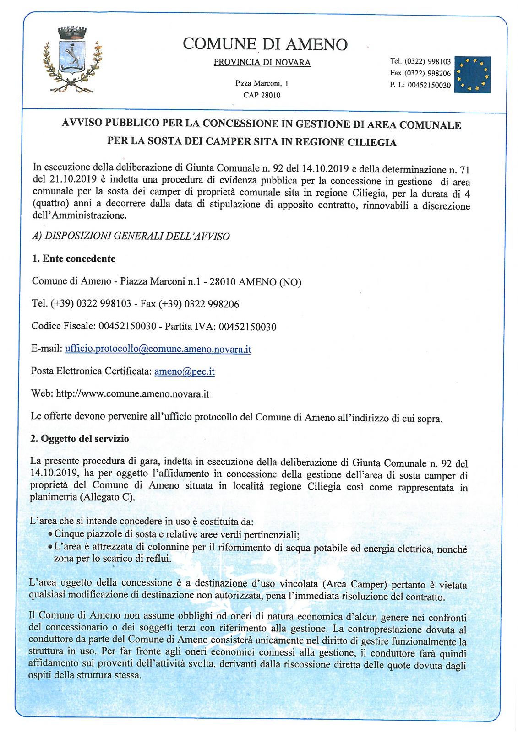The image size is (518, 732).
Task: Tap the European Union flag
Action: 472,75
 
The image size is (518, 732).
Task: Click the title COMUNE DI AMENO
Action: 265,44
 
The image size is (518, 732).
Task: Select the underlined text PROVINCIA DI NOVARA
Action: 262,63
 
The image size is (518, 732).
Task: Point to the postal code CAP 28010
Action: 262,95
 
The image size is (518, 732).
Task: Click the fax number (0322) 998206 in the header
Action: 427,73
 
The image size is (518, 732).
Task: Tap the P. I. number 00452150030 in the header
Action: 429,85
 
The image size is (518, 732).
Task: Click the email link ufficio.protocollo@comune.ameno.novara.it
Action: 158,349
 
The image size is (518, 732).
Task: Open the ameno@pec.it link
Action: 184,371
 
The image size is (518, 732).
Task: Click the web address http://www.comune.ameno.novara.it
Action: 132,394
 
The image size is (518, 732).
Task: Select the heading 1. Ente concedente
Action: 74,259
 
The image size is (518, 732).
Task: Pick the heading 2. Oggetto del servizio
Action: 80,439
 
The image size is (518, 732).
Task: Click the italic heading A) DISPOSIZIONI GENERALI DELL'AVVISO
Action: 131,237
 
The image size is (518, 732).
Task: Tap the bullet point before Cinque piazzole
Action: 50,534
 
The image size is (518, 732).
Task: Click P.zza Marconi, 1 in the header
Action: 262,83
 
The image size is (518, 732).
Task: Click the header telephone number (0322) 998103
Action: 427,61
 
